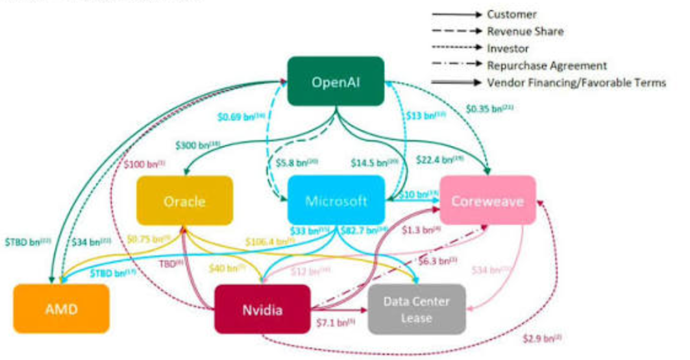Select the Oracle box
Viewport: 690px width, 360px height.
(184, 200)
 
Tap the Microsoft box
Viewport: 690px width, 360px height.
(336, 200)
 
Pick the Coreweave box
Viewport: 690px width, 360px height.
(488, 200)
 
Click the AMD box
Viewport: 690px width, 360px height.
(62, 309)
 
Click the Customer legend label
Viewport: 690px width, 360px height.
(511, 14)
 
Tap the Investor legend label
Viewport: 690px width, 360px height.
(508, 48)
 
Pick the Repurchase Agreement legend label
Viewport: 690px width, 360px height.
(547, 65)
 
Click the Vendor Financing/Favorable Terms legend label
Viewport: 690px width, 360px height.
(576, 82)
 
